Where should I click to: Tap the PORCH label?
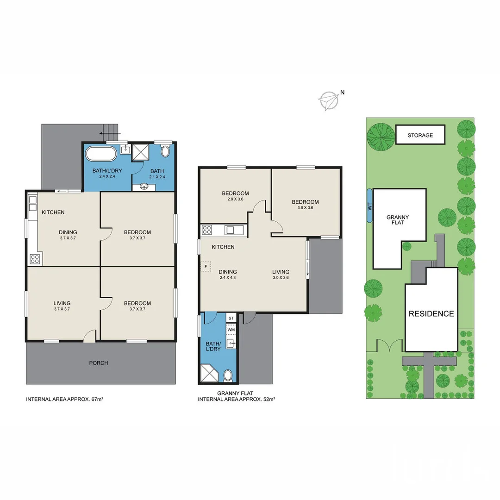click(x=99, y=363)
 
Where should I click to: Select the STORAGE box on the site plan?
click(x=420, y=135)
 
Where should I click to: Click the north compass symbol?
click(x=329, y=100)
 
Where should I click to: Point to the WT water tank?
click(x=369, y=206)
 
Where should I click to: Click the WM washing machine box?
click(x=231, y=330)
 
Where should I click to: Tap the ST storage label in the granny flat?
click(x=231, y=318)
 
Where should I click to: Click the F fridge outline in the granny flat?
click(x=206, y=267)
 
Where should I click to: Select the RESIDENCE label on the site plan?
click(x=431, y=313)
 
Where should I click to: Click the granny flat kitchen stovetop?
click(x=207, y=230)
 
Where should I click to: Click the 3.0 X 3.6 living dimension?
click(x=281, y=278)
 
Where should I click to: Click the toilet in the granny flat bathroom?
click(x=228, y=375)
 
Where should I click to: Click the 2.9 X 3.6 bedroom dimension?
click(x=235, y=199)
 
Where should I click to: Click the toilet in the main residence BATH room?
click(x=165, y=151)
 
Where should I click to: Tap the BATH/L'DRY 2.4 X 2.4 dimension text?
click(x=106, y=176)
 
